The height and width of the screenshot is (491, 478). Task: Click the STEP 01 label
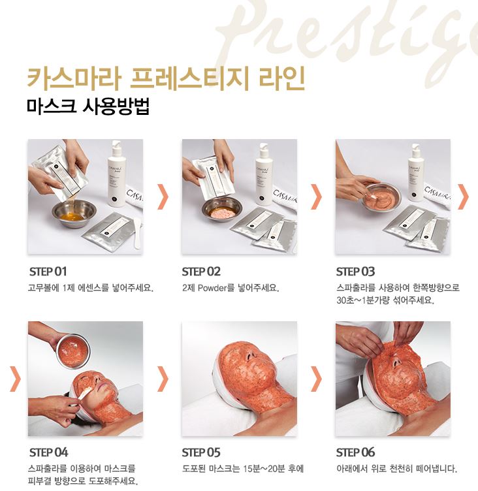[48, 272]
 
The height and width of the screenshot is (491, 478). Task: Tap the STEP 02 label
[202, 272]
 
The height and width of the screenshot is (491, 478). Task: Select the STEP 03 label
[356, 272]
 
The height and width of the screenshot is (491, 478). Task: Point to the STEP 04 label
[49, 452]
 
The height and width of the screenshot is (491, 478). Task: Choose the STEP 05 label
[202, 452]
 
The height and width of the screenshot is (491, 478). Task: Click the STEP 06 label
[356, 452]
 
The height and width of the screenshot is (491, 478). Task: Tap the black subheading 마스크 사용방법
[89, 106]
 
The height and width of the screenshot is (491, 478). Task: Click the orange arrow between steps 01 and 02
[163, 197]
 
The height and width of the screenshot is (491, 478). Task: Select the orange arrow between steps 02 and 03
[317, 197]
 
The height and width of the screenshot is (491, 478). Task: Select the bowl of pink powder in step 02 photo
[221, 209]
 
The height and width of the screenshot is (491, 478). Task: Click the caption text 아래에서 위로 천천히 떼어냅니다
[396, 469]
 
